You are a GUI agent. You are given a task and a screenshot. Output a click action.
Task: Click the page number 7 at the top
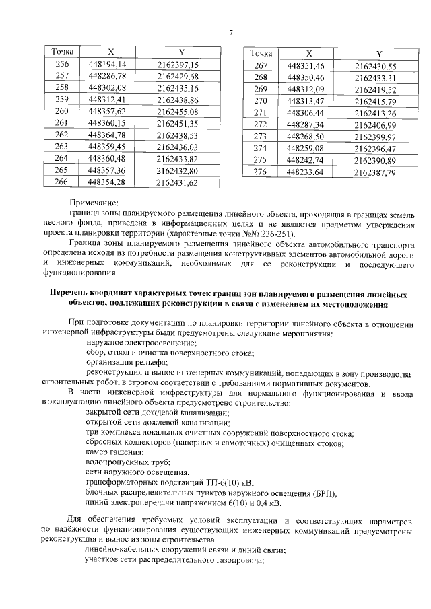point(230,33)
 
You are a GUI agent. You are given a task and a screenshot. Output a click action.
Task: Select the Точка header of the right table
point(261,53)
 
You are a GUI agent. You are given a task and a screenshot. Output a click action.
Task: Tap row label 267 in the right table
point(261,65)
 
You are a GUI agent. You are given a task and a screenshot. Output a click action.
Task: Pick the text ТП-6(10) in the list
point(220,482)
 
